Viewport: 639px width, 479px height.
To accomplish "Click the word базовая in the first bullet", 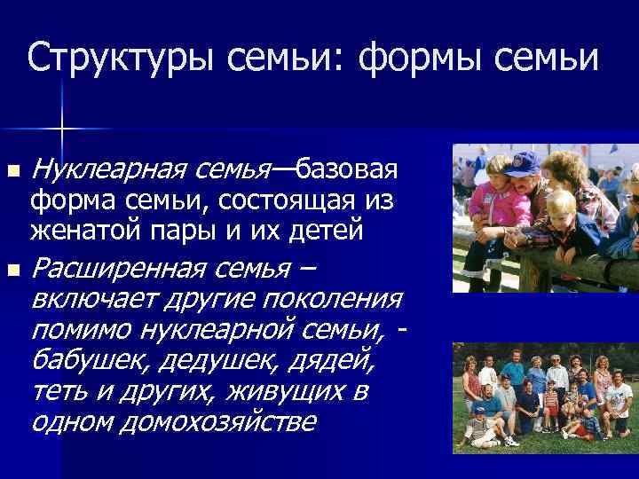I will pyautogui.click(x=346, y=169).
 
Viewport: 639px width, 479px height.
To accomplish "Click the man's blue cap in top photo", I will pyautogui.click(x=525, y=162).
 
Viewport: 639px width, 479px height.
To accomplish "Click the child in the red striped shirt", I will pyautogui.click(x=551, y=404).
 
